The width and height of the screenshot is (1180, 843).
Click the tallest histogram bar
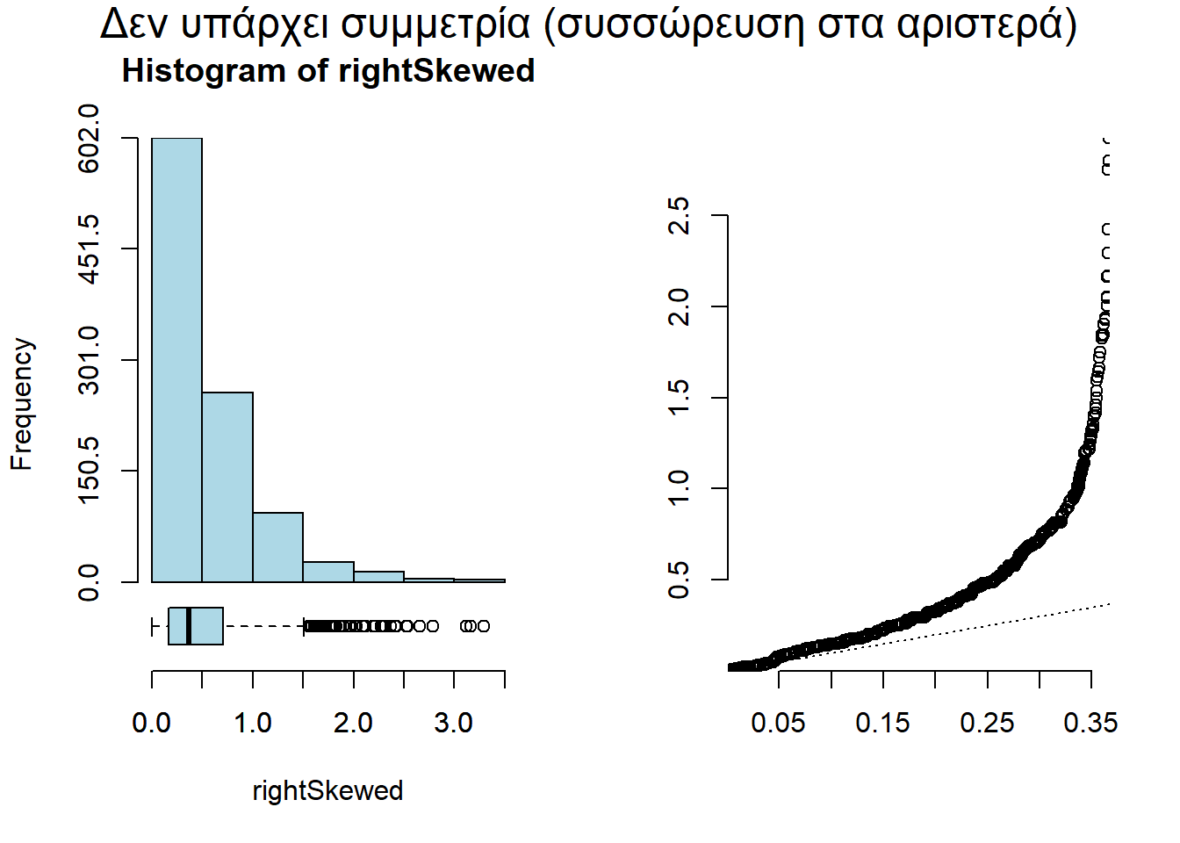[176, 360]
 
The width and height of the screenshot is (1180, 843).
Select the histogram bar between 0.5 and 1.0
[227, 487]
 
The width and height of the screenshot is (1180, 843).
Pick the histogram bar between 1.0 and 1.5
[277, 547]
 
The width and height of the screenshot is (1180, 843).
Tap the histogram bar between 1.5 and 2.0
[328, 572]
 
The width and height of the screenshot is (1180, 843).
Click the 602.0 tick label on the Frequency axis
[89, 138]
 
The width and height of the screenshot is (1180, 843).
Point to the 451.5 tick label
[89, 249]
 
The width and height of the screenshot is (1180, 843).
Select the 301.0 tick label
[89, 360]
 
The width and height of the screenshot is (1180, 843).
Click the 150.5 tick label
[89, 471]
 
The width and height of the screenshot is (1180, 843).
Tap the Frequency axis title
[22, 404]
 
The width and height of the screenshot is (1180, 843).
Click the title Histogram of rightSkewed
[327, 71]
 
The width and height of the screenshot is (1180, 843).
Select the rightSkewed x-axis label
[327, 790]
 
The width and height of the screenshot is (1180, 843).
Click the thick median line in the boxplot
[189, 626]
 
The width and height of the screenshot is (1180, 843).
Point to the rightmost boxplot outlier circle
[483, 626]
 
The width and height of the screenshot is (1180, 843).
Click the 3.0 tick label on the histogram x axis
[454, 723]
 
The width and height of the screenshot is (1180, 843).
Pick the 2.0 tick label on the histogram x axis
[353, 723]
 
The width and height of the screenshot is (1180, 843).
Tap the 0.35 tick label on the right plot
[1090, 723]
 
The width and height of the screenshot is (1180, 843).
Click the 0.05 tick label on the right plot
[778, 723]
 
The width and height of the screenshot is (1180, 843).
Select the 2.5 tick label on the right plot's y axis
[679, 215]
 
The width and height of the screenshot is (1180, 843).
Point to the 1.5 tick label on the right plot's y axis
[679, 398]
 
